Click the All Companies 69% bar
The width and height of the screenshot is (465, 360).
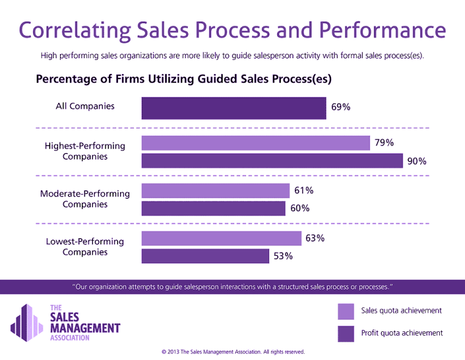[234, 108]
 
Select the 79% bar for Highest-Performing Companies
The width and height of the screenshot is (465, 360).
[256, 143]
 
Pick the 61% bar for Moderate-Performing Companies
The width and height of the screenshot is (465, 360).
[215, 190]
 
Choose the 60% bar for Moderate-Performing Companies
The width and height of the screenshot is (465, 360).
[214, 208]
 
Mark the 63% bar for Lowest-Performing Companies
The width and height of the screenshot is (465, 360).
[221, 238]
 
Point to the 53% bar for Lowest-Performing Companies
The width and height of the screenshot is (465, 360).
[205, 256]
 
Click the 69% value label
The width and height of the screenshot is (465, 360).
[341, 107]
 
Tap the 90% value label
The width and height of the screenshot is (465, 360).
[417, 162]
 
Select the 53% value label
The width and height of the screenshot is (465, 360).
[283, 257]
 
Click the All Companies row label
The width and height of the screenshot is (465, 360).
[85, 106]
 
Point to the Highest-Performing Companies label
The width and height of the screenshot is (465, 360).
[85, 151]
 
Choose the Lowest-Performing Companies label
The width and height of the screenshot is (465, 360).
[85, 247]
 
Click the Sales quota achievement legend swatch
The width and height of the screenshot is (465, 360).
[346, 311]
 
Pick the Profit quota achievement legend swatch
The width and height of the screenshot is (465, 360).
[346, 333]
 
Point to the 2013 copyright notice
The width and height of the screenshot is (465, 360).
[232, 352]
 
